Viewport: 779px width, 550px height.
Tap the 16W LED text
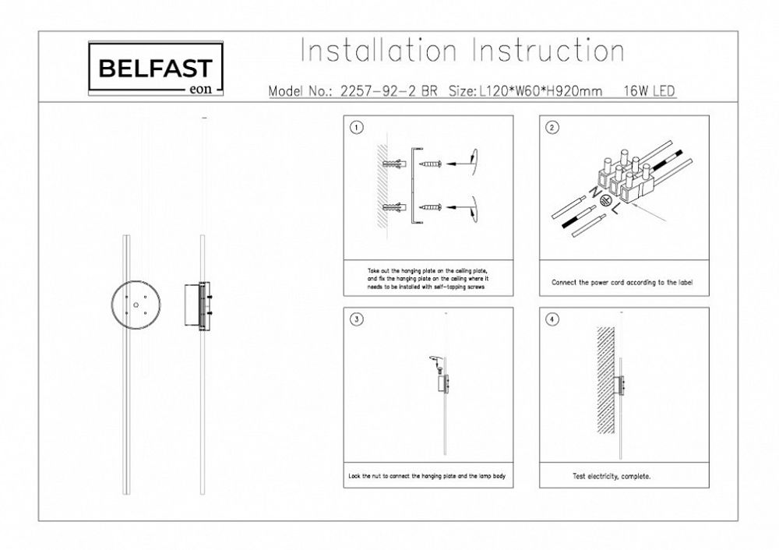click(649, 91)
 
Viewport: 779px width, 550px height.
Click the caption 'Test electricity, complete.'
click(612, 474)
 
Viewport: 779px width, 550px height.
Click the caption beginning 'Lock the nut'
click(428, 474)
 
